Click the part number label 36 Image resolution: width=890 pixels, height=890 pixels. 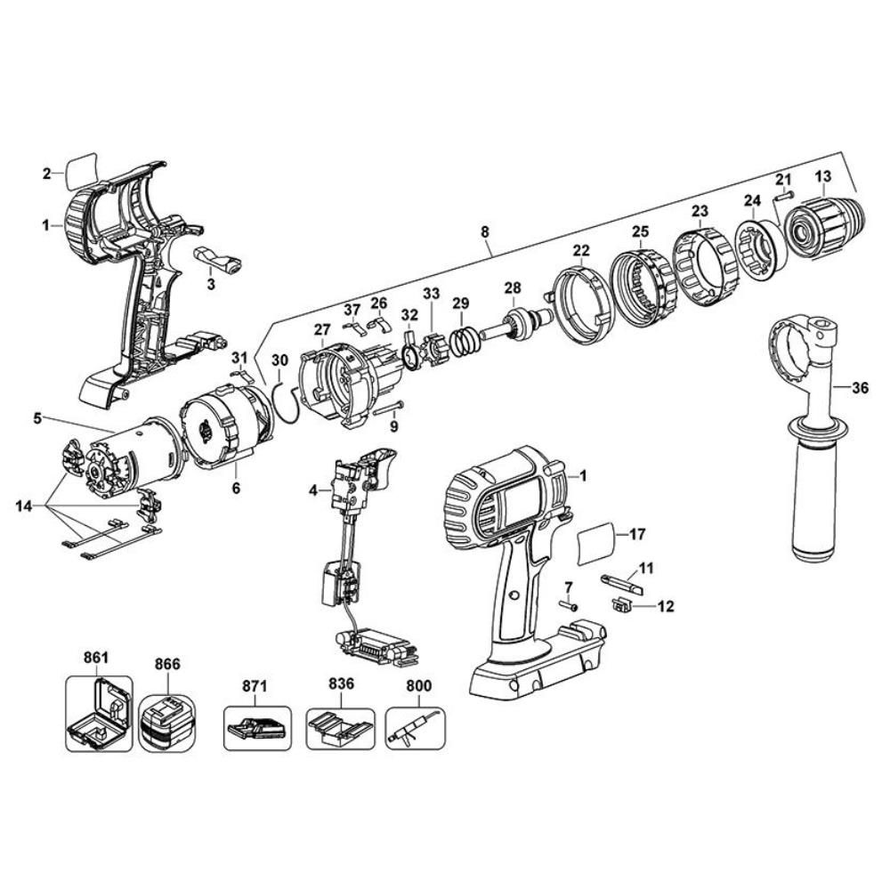click(860, 387)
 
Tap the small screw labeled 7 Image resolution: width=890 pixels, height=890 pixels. click(570, 605)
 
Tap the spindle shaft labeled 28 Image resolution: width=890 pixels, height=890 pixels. click(516, 325)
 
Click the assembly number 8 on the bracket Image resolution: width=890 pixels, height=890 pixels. click(485, 232)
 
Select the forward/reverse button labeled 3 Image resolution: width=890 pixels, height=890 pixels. click(218, 260)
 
